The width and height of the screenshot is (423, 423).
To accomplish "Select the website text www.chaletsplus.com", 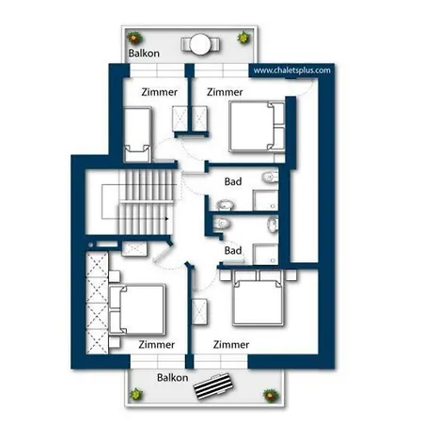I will [291, 70].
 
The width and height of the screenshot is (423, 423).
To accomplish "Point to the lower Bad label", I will [235, 250].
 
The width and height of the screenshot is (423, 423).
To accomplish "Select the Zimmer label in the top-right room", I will [225, 92].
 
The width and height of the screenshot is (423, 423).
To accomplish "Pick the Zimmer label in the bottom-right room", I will [231, 344].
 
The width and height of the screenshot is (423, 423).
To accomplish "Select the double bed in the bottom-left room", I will [138, 309].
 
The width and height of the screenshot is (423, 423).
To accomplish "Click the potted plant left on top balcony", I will [135, 39].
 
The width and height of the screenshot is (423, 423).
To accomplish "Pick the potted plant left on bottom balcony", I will [137, 393].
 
